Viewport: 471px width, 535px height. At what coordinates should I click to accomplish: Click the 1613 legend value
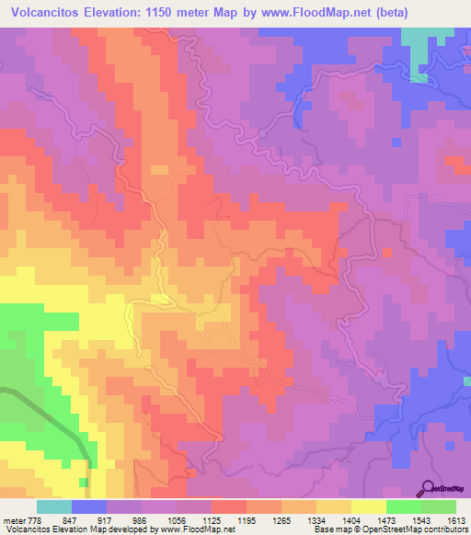point(457,518)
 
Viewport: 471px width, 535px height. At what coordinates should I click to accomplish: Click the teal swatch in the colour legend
point(54,507)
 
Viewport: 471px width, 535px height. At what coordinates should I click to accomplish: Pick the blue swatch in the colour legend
point(89,507)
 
